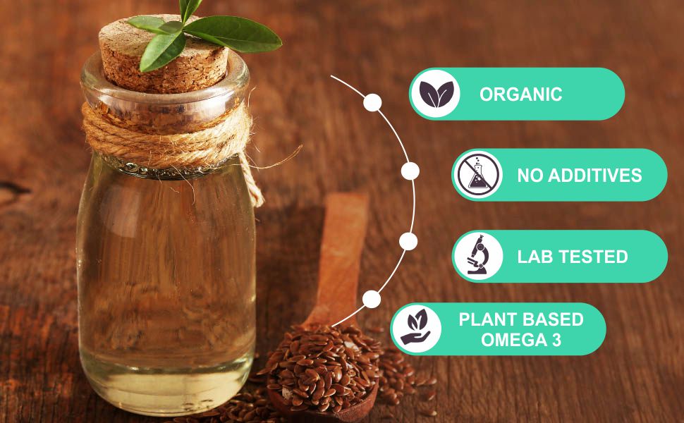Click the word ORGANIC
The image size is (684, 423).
tap(520, 94)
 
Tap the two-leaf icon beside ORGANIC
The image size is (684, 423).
tap(436, 94)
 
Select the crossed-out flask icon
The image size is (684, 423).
tap(477, 174)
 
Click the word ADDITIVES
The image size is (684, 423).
tap(595, 176)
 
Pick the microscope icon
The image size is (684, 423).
tap(477, 256)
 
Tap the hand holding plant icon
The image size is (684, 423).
tap(416, 327)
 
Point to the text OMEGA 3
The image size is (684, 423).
tap(521, 340)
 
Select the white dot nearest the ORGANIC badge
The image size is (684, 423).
tap(372, 103)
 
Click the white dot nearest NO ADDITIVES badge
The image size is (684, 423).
tap(410, 171)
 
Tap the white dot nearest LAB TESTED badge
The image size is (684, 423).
tap(408, 241)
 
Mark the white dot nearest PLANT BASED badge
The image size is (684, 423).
tap(372, 299)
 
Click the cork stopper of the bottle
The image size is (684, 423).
tap(164, 54)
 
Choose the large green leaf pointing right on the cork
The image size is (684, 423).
tap(233, 34)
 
